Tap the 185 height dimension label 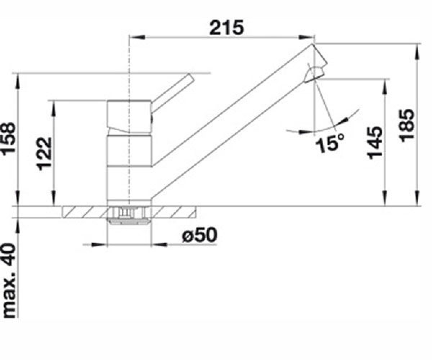tap(407, 126)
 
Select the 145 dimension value tap(374, 143)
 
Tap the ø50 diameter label tap(200, 235)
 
